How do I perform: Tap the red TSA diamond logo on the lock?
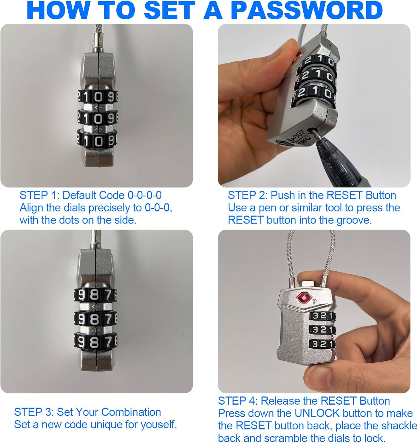302,298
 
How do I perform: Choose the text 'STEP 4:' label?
238,401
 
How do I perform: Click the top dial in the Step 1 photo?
97,97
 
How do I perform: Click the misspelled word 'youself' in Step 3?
158,425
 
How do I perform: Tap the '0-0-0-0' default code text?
144,195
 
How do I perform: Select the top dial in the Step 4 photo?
323,315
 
